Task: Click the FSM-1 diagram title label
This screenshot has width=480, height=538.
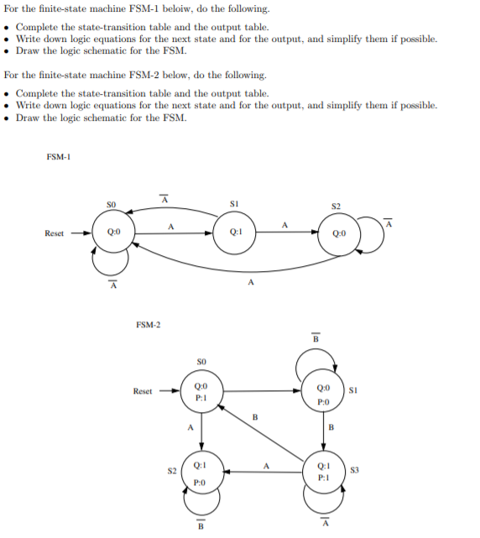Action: coord(58,157)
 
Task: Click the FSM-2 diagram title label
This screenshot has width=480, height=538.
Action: coord(148,323)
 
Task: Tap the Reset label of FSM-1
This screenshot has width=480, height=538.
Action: coord(55,233)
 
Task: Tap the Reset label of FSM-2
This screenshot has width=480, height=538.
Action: coord(143,391)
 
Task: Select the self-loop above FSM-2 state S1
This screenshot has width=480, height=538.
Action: coord(316,362)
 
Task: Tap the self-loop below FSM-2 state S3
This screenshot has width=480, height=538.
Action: coord(324,502)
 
